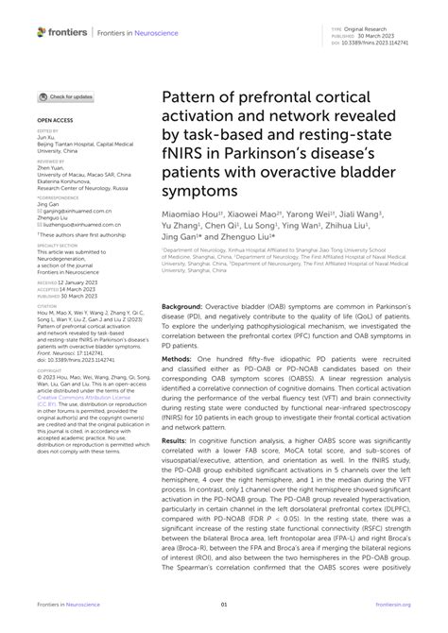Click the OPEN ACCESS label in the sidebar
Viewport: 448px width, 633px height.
coord(54,122)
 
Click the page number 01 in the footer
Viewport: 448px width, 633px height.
coord(223,605)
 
